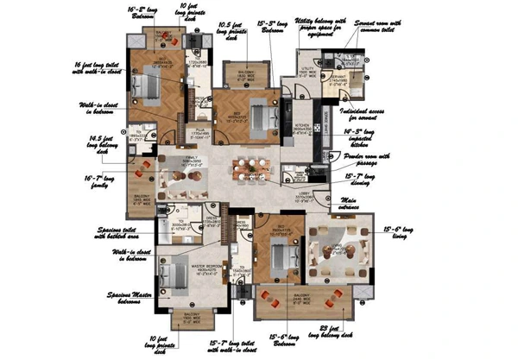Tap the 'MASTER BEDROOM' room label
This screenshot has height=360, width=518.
pos(177,269)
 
